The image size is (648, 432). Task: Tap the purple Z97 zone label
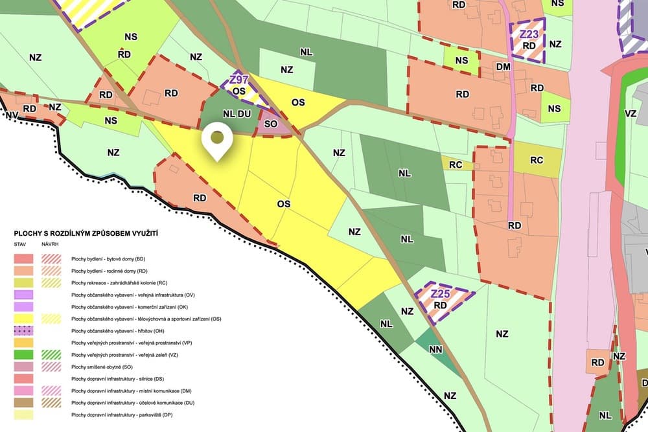239,80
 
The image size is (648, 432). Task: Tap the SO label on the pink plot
272,122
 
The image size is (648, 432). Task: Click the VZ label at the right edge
631,112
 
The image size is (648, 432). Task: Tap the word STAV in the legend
21,245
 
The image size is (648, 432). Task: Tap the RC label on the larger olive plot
537,160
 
